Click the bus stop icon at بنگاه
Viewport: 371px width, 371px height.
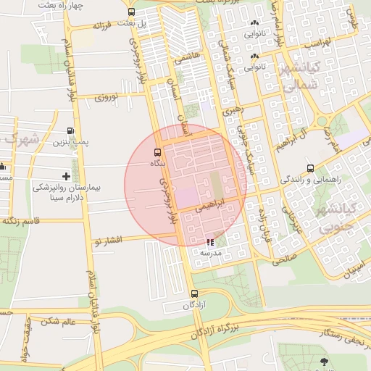[x=157, y=152]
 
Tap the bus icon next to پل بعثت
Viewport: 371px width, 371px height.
[x=131, y=12]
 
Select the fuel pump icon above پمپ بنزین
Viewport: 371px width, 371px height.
[x=70, y=131]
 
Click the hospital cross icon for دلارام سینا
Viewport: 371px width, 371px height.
[x=67, y=176]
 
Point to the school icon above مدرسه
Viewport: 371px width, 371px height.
[x=210, y=243]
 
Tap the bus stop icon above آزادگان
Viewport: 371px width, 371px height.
[x=193, y=293]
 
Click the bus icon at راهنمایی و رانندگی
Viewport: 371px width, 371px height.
[x=310, y=168]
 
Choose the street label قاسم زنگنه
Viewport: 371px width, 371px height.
[x=30, y=220]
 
